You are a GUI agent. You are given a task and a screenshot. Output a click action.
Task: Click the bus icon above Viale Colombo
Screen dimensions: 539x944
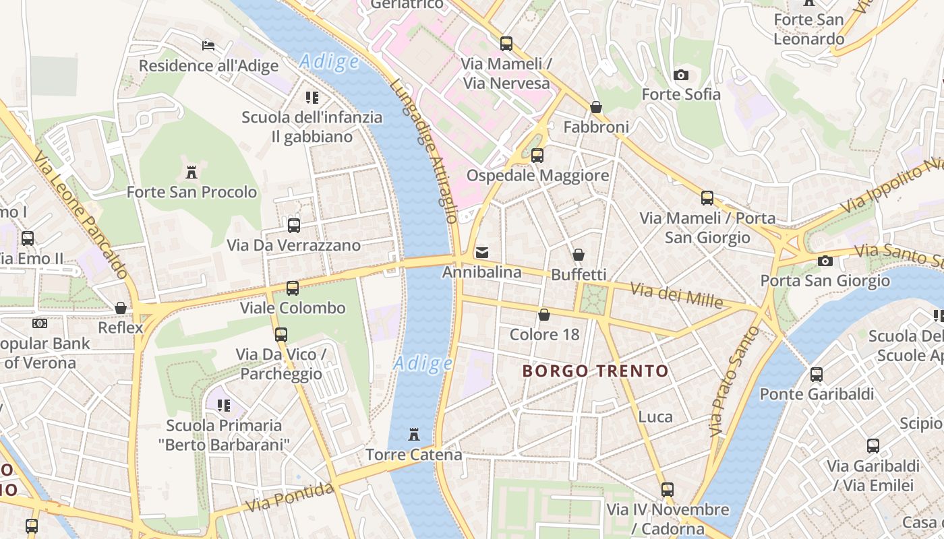click(293, 288)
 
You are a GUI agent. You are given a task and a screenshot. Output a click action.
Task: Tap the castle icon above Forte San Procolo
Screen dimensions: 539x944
click(191, 172)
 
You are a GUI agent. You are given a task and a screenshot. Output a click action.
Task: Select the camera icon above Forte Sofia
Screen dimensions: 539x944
click(681, 75)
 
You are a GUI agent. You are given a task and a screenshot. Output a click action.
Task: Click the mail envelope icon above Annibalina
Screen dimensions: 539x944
click(482, 253)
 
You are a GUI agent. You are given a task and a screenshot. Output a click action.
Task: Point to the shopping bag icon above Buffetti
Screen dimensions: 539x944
click(579, 255)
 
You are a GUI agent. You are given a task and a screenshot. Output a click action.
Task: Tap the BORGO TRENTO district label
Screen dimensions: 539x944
click(595, 371)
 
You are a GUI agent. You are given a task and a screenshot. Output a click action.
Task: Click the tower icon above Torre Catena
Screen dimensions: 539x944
click(414, 435)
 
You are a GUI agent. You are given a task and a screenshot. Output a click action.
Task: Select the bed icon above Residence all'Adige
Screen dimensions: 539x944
click(208, 46)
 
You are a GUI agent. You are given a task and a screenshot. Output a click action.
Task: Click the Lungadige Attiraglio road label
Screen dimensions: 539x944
click(425, 152)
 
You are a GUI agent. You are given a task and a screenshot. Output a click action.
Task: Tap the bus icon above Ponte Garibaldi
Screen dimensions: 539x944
click(817, 375)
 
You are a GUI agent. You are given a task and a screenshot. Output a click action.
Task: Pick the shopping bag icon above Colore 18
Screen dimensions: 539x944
click(544, 315)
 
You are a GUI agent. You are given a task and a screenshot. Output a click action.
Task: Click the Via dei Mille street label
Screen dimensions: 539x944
click(676, 294)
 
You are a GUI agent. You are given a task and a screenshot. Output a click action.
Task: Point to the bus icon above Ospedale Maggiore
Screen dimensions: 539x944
click(537, 156)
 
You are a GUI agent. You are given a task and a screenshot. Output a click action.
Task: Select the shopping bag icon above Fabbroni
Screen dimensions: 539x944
click(596, 107)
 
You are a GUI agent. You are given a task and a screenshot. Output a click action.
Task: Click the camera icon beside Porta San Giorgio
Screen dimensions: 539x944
click(825, 261)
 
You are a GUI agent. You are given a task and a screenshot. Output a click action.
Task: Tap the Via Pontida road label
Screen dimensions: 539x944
click(290, 497)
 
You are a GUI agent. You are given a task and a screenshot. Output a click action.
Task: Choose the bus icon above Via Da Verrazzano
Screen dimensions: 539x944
click(294, 226)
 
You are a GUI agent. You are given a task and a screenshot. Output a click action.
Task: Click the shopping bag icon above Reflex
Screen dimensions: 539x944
click(121, 308)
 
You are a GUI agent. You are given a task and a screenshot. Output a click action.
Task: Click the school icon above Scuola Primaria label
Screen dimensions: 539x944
click(224, 406)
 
